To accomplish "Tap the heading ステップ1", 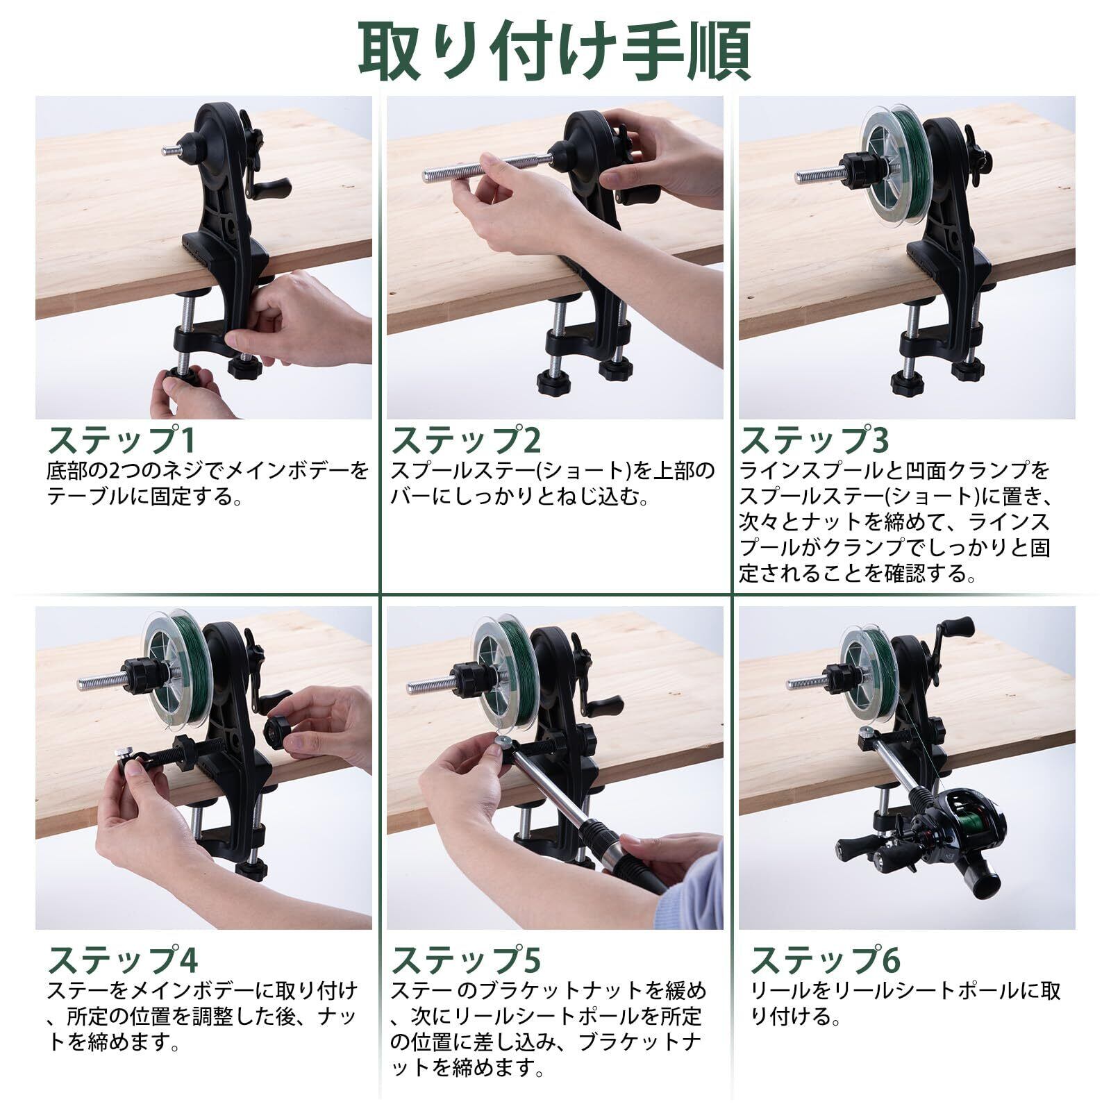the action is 122,440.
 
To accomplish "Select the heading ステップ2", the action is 466,440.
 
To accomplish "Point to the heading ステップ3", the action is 815,440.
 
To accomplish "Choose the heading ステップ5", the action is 466,959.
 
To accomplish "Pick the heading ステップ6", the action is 825,959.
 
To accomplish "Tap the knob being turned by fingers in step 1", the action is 182,383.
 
